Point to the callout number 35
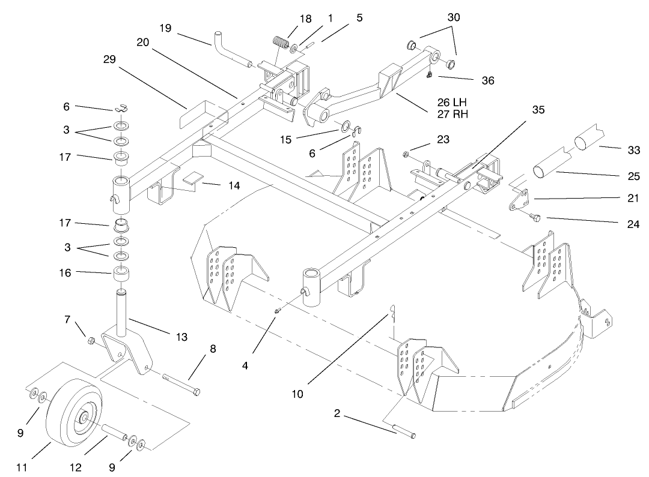point(538,110)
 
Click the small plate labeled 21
point(519,200)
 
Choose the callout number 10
point(298,394)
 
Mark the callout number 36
point(487,80)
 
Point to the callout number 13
point(181,337)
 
